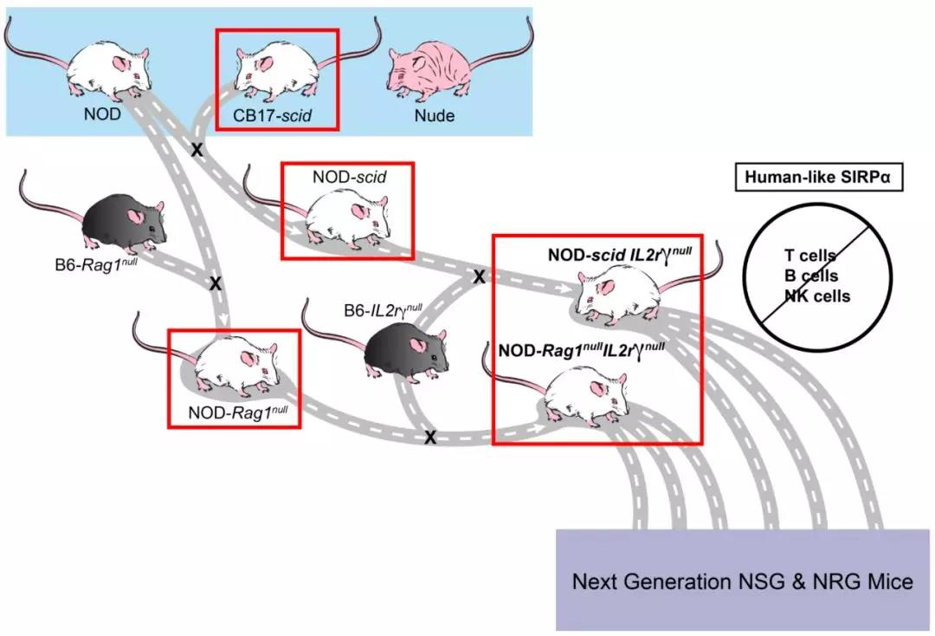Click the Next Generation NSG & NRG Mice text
coord(742,581)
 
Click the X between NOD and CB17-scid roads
coord(197,150)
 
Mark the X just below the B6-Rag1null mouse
coord(216,282)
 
